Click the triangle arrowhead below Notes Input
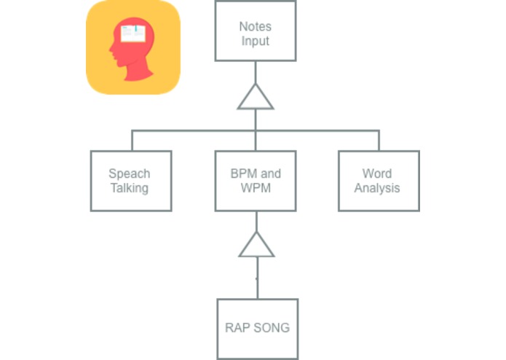coord(256,98)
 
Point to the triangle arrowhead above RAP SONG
coord(256,246)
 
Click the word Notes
coord(256,27)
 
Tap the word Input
coord(256,41)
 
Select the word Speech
coord(130,174)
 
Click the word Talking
coord(130,188)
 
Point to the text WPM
coord(256,188)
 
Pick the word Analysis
coord(377,188)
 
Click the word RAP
coord(237,327)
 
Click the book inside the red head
coord(133,33)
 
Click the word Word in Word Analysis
coord(377,174)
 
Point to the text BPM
coord(245,174)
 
